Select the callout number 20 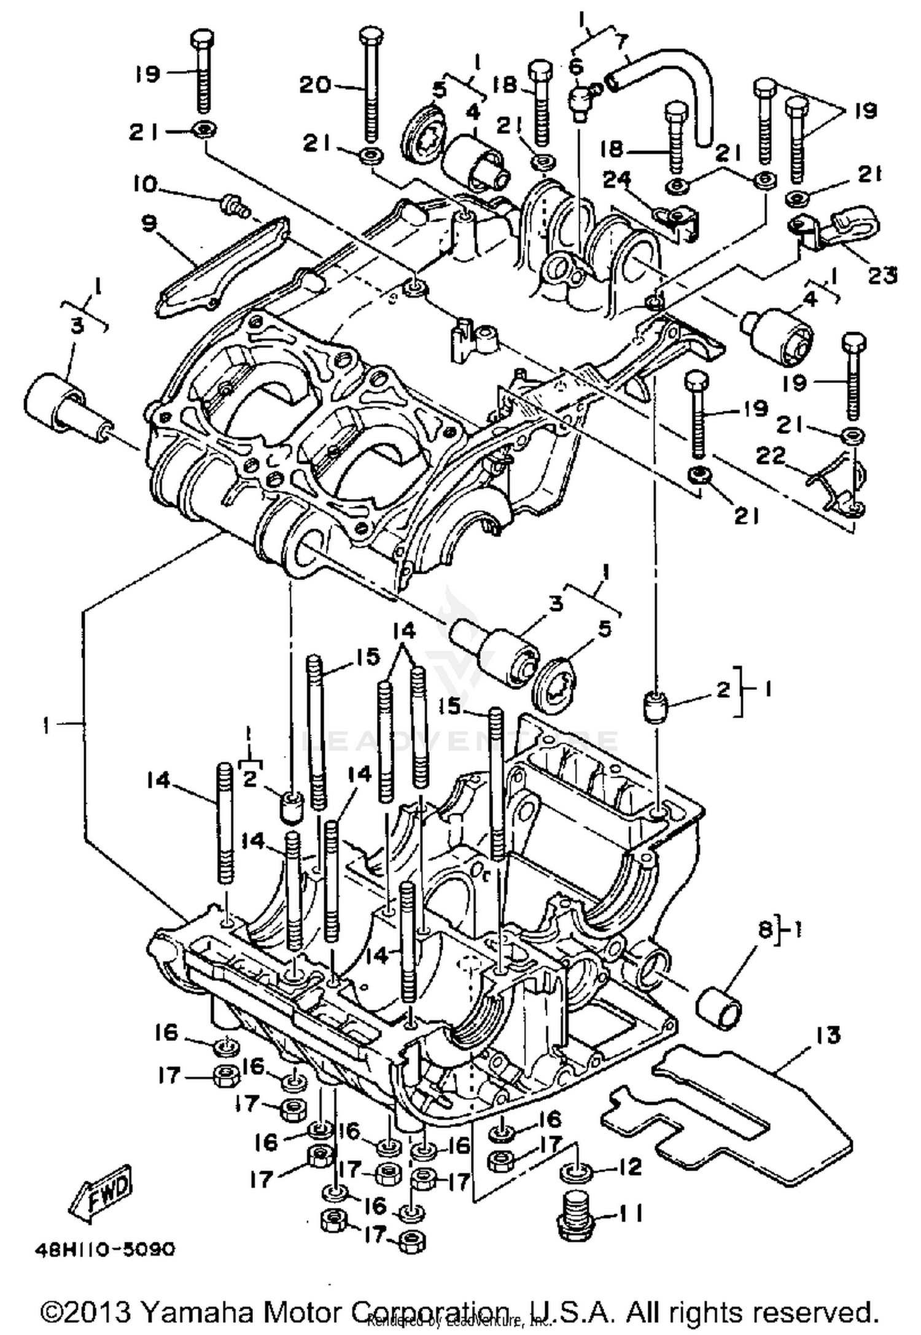[x=315, y=84]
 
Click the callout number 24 [x=616, y=179]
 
